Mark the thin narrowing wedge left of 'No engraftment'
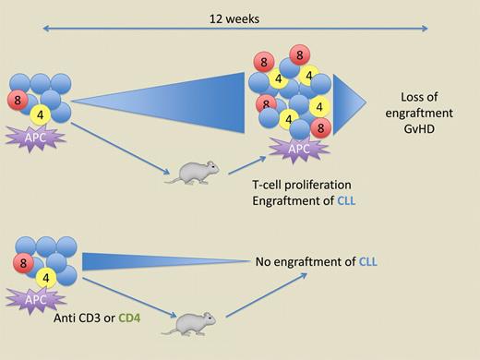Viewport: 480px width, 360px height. [138, 262]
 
